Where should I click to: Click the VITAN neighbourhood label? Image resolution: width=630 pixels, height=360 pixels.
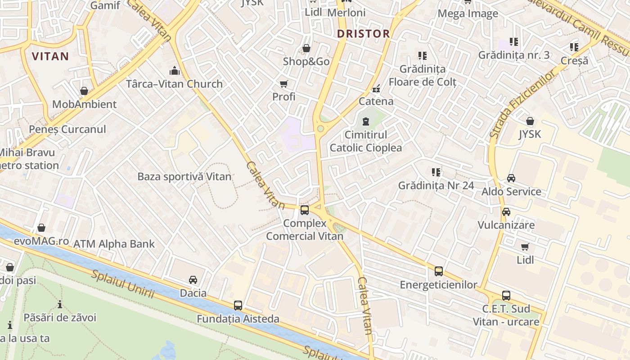click(x=50, y=56)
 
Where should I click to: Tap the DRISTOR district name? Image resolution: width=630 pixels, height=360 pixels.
click(x=363, y=34)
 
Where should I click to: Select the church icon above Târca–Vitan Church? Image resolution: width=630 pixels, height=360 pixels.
click(x=174, y=71)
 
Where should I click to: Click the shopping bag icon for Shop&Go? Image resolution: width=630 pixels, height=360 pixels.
click(x=306, y=48)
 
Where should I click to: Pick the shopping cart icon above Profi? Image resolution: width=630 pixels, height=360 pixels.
click(x=284, y=84)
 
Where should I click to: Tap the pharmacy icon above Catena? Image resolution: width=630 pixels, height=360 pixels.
click(x=376, y=88)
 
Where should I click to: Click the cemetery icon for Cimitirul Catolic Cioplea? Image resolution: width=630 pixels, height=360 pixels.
click(x=365, y=121)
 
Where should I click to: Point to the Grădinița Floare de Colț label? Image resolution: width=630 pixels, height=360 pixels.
click(x=423, y=76)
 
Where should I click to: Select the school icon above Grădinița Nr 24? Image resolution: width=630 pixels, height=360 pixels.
click(x=436, y=172)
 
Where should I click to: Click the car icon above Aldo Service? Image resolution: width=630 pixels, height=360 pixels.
click(x=511, y=178)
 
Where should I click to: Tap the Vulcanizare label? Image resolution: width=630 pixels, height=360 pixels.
click(x=506, y=225)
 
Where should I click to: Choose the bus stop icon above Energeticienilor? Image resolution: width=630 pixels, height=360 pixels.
click(x=438, y=271)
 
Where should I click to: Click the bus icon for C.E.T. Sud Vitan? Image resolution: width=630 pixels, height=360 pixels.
click(x=506, y=296)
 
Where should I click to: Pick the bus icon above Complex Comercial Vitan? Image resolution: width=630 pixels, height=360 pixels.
click(x=305, y=210)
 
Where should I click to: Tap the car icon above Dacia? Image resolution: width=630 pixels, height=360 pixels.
click(x=193, y=280)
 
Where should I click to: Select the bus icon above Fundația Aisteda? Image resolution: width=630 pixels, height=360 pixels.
click(x=238, y=306)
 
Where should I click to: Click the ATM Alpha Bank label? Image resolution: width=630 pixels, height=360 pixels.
click(x=114, y=244)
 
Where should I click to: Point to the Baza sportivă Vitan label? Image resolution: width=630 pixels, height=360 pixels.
click(x=184, y=177)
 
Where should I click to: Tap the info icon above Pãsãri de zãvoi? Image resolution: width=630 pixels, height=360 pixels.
click(x=59, y=305)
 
